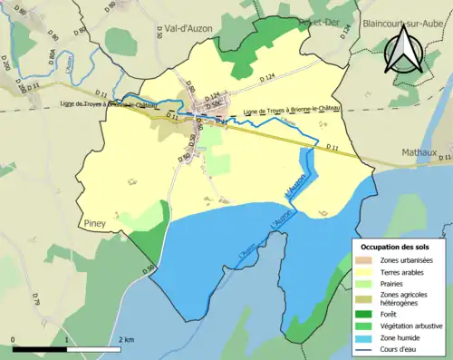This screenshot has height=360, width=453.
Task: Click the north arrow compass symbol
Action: (404, 52)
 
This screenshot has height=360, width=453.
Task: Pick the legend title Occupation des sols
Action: (397, 247)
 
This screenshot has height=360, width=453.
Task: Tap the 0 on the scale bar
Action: (14, 340)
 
